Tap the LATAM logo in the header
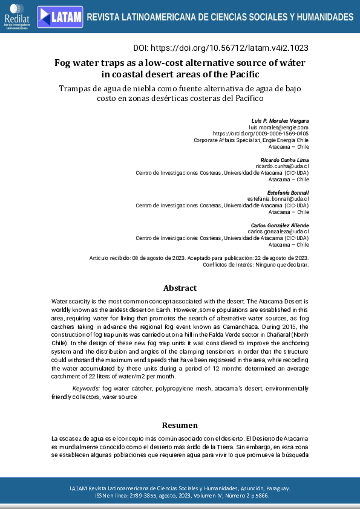pyautogui.click(x=60, y=17)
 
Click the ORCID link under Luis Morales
pyautogui.click(x=261, y=134)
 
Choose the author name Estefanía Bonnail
pyautogui.click(x=288, y=192)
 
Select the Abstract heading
pyautogui.click(x=180, y=288)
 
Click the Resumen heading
pyautogui.click(x=180, y=426)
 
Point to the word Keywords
pyautogui.click(x=87, y=387)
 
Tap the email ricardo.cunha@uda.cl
pyautogui.click(x=283, y=166)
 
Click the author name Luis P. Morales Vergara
pyautogui.click(x=280, y=121)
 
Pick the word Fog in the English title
pyautogui.click(x=64, y=63)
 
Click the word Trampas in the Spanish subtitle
pyautogui.click(x=76, y=88)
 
